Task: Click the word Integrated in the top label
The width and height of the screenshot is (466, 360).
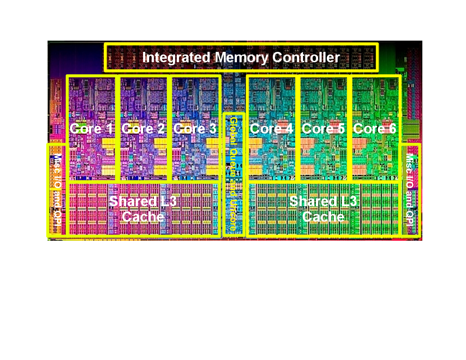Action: pos(176,57)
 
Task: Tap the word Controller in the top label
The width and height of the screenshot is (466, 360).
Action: pos(306,57)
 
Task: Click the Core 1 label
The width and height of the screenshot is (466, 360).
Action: pos(91,129)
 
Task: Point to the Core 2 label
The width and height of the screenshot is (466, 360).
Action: pos(143,129)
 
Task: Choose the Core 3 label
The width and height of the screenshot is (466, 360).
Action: pos(195,129)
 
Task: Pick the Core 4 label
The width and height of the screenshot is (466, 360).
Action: pos(271,129)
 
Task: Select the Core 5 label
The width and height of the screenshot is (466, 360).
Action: pos(323,129)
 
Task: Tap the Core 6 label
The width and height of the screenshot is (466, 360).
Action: pos(375,129)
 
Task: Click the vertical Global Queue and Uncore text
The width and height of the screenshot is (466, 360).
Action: pos(233,174)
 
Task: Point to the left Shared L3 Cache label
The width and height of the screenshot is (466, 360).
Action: pos(143,209)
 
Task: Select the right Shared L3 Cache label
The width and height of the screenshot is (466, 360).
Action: pos(323,209)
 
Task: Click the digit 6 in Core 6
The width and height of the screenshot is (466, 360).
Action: pos(393,129)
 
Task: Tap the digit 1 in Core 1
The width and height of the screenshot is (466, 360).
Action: pos(110,129)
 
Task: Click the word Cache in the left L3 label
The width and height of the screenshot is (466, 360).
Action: pos(143,217)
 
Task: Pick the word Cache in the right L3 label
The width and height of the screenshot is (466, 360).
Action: pos(323,217)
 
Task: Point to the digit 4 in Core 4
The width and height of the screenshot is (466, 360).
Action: pos(290,129)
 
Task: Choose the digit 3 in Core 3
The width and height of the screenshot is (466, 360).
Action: pos(213,129)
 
